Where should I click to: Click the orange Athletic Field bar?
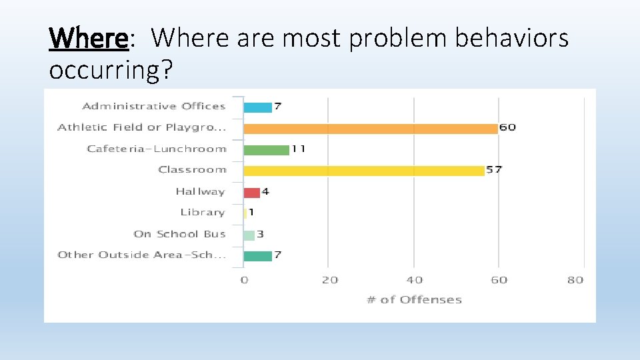371,128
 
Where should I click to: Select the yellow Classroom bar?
364,171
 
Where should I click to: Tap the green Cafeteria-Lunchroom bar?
266,149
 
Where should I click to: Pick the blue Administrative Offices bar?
257,107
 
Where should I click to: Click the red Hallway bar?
251,192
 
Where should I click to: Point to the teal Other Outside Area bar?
257,255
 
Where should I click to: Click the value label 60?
507,127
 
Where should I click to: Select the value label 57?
494,170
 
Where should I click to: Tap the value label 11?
298,149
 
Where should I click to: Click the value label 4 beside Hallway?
265,192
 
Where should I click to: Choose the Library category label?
203,213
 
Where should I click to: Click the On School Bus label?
179,234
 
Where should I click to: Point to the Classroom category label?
192,170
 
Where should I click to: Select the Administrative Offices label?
154,106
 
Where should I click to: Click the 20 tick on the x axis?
329,280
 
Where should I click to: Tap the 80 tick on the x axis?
575,280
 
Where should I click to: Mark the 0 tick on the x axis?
244,280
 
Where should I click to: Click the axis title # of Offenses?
414,300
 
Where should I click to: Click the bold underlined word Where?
88,39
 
